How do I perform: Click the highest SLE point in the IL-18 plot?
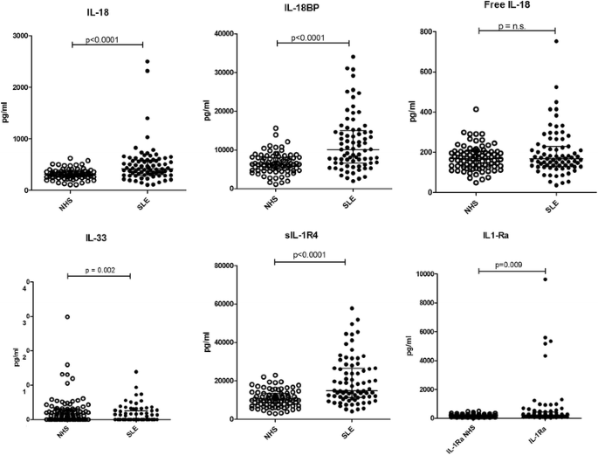click(x=124, y=62)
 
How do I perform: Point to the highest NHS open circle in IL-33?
click(x=67, y=317)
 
